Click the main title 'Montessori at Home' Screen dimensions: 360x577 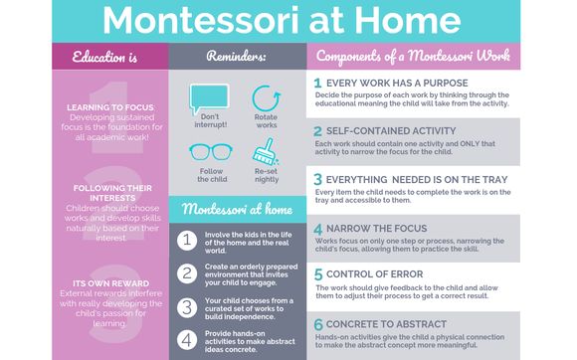click(x=288, y=21)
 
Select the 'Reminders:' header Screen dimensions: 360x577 click(x=237, y=58)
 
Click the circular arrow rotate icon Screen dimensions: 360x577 click(x=266, y=97)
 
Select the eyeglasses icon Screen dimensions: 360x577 click(x=210, y=152)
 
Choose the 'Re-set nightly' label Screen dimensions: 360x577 click(x=266, y=176)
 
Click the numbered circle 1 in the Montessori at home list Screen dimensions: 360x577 click(x=186, y=239)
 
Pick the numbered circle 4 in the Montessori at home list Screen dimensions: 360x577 click(x=186, y=339)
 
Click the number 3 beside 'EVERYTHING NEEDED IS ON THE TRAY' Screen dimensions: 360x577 click(x=317, y=179)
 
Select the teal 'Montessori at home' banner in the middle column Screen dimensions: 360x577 click(x=236, y=210)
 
